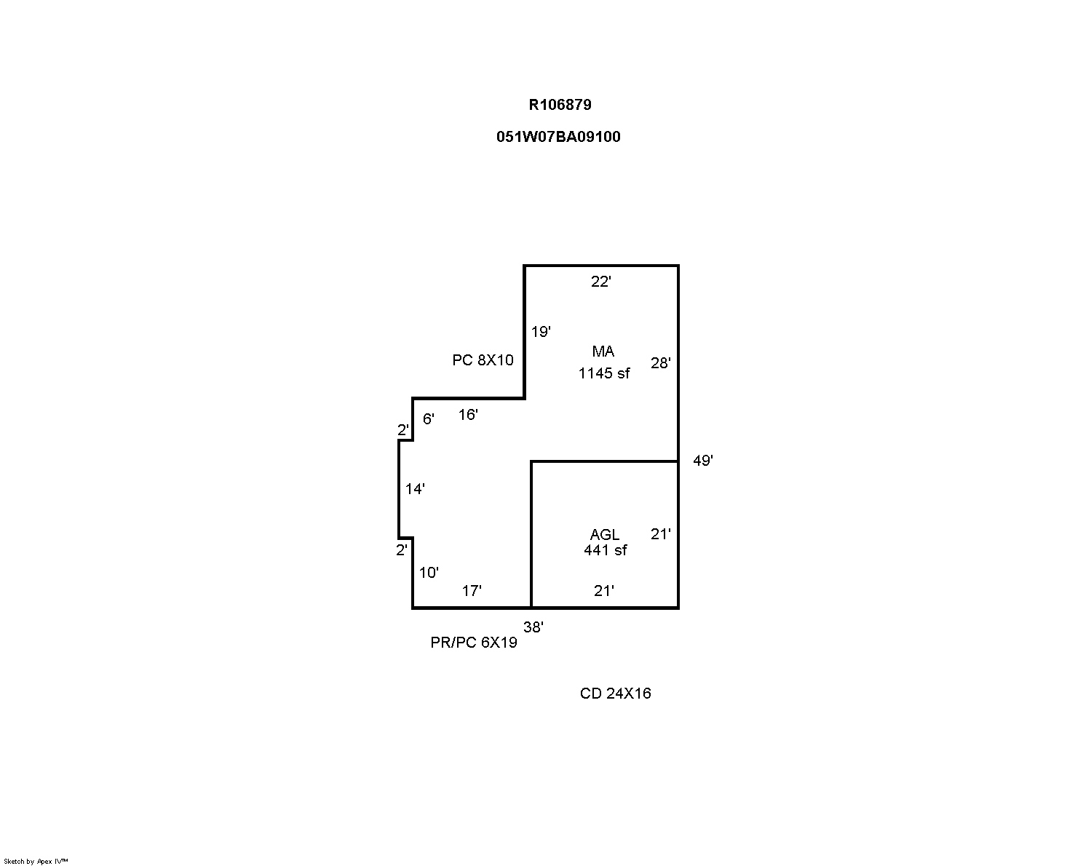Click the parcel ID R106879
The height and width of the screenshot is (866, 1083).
click(x=560, y=105)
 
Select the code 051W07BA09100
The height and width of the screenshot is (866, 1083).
click(x=558, y=137)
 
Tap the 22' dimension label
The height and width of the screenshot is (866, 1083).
click(x=601, y=282)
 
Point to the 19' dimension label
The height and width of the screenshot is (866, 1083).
click(x=541, y=332)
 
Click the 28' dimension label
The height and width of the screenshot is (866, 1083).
click(x=660, y=363)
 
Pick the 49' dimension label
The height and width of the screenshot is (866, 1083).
click(x=702, y=461)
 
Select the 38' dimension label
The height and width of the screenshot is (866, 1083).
click(x=533, y=627)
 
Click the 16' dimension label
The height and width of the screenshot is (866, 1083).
click(x=468, y=415)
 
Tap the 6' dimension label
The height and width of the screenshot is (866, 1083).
click(x=428, y=418)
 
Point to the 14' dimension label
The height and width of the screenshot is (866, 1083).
click(x=415, y=488)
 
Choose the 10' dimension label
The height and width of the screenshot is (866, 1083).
click(x=429, y=572)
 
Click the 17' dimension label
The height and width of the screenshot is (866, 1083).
click(x=472, y=591)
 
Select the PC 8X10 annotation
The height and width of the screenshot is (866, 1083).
click(x=483, y=360)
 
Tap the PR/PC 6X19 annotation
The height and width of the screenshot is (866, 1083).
click(x=474, y=643)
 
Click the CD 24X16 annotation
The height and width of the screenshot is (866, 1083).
click(x=615, y=694)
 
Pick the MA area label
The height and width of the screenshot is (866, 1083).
click(x=603, y=351)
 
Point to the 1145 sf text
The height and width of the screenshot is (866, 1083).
click(x=604, y=373)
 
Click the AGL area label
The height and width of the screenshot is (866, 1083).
click(x=604, y=534)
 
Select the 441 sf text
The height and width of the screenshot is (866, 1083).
click(x=605, y=550)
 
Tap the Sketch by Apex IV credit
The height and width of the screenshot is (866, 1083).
click(x=36, y=861)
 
